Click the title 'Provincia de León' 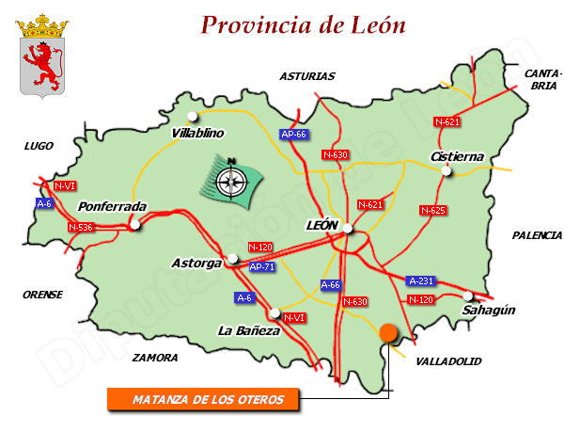304,24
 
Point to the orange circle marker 387,331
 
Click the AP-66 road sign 294,135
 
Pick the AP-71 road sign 262,268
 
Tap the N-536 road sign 82,228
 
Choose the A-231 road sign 421,280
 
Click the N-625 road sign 432,210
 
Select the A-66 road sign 331,284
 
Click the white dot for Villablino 193,117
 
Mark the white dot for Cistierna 447,170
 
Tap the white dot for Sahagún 468,296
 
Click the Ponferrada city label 112,206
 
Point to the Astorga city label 196,263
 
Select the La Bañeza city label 248,330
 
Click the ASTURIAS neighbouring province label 306,76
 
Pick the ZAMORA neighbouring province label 155,358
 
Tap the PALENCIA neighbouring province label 537,235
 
